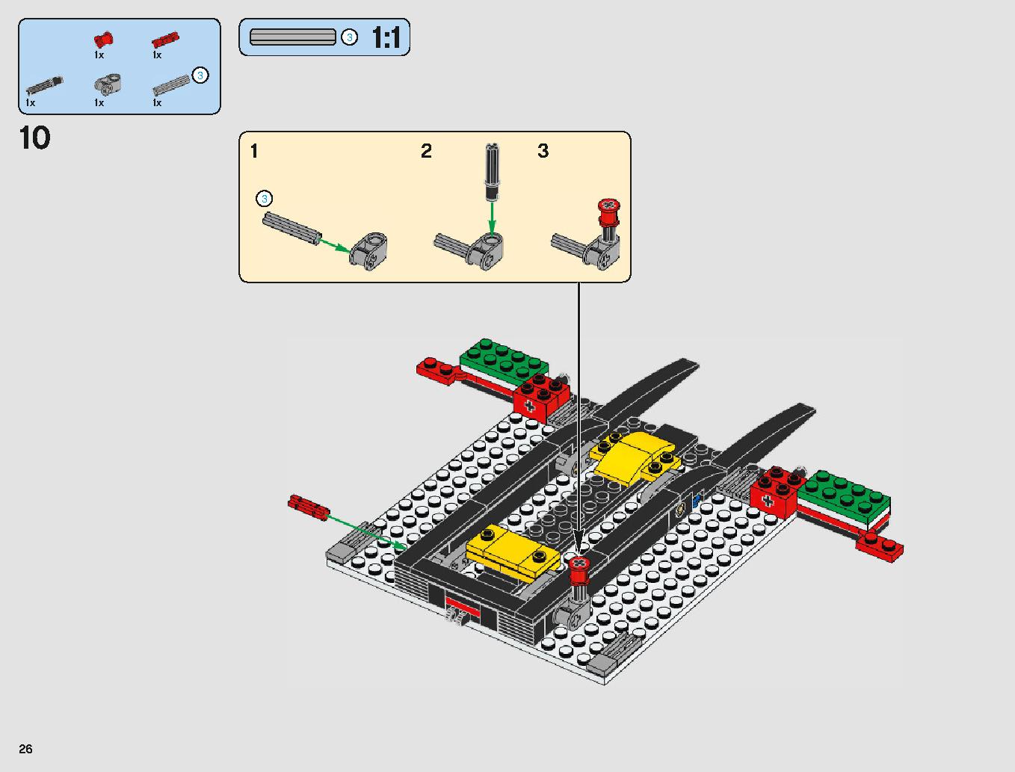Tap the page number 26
[26, 749]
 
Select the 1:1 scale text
[386, 37]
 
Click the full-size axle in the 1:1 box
[293, 37]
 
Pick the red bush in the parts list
[103, 40]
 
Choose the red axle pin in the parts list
[165, 40]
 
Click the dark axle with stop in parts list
[44, 86]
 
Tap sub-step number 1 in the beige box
[254, 151]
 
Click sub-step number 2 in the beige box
[426, 151]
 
